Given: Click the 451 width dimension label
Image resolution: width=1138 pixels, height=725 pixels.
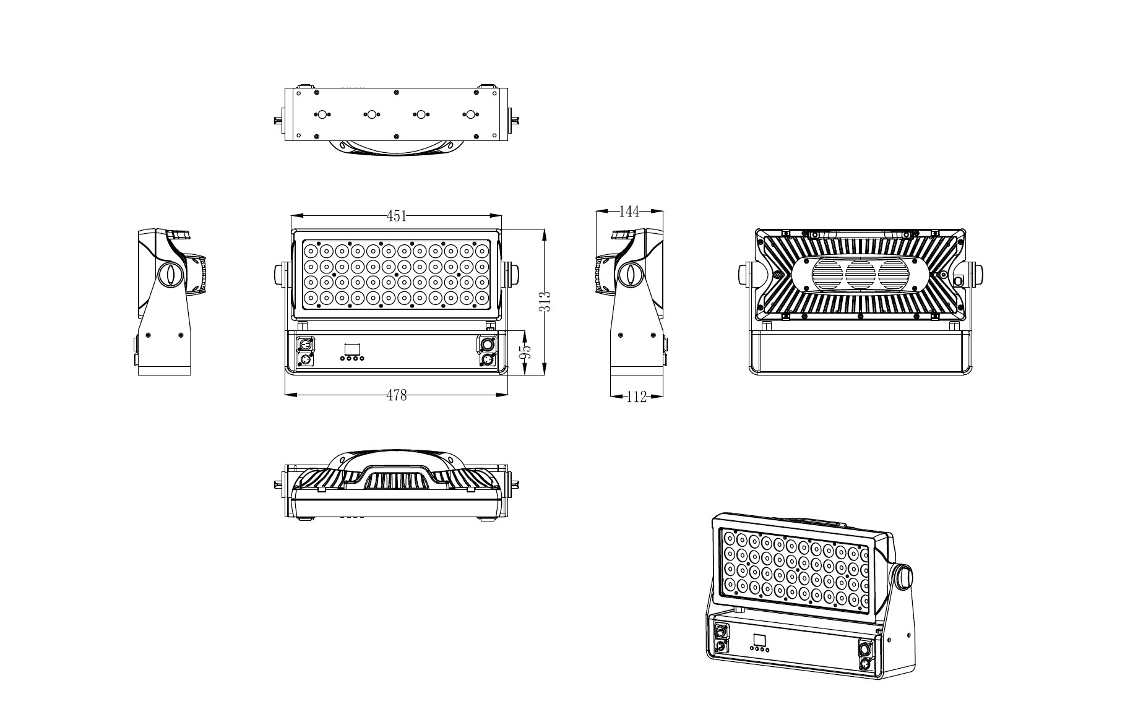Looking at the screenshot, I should point(397,216).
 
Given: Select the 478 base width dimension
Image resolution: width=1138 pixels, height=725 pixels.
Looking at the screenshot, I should point(397,395).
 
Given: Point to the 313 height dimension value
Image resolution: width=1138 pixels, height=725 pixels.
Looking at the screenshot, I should point(545,302).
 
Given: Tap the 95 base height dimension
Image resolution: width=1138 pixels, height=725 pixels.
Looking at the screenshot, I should point(525,353).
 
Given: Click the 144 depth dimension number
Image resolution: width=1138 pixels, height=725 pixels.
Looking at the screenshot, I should point(629,212).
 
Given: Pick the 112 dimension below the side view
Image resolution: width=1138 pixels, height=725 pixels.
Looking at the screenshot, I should point(636,397).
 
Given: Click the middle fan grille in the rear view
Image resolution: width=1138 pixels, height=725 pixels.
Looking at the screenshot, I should point(860,275).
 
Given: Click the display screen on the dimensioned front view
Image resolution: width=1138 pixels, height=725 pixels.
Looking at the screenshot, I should point(352,348).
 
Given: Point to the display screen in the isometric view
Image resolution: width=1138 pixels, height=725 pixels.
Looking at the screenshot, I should point(759,640).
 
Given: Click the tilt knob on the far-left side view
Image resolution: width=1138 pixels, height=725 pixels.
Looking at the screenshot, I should point(168,274).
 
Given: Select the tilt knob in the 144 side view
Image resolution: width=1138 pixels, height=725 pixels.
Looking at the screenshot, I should point(629,274).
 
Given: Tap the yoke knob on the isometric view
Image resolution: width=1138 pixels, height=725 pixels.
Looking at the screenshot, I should point(903,575).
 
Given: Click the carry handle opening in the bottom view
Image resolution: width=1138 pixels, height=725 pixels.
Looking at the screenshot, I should point(397,481).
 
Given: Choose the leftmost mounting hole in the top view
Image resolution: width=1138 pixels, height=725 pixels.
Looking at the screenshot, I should point(322,115).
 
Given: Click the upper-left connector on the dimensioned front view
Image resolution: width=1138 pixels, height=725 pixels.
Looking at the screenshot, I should point(305,344).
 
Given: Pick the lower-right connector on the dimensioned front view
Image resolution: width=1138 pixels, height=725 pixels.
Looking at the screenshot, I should point(486,359).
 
